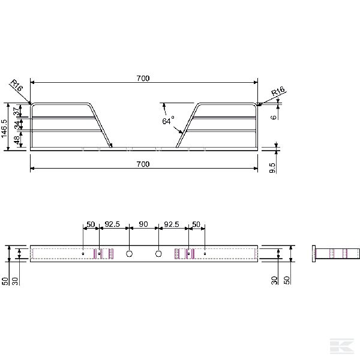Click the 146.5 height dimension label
5,128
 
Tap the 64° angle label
168,121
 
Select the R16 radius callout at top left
17,85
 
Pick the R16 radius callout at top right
278,91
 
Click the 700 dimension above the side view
143,79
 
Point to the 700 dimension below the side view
143,164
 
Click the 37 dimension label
17,112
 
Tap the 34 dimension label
17,125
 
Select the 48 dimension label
17,140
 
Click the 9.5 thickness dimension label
272,168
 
